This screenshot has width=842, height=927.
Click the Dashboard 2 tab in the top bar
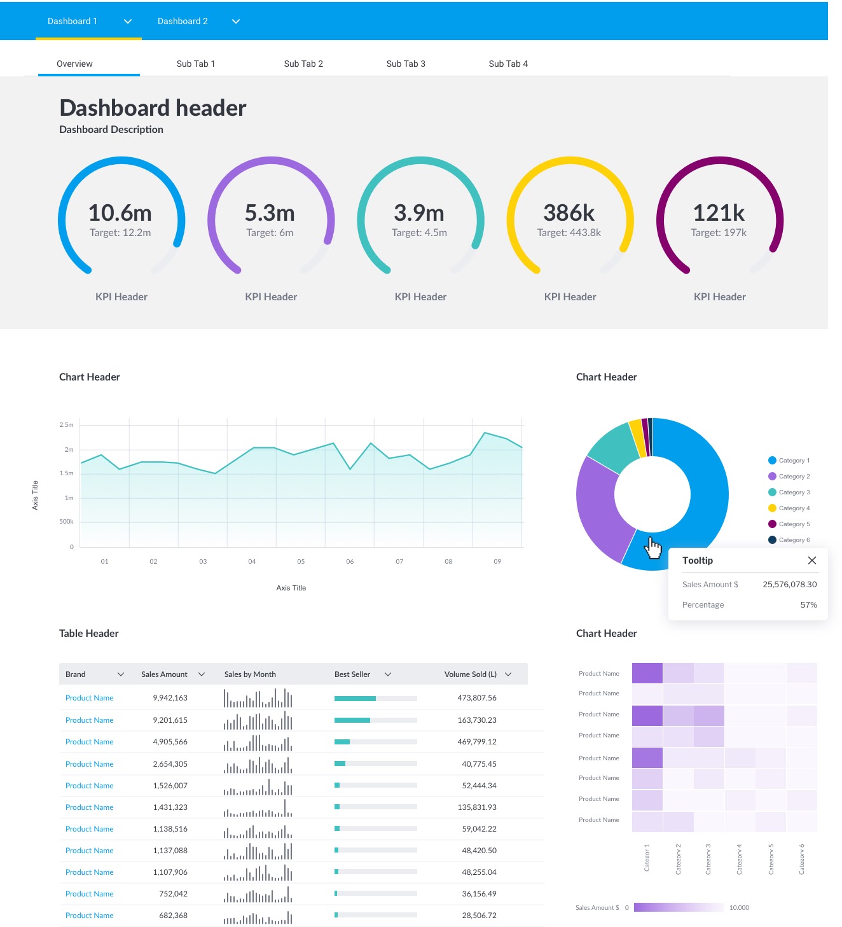pos(183,21)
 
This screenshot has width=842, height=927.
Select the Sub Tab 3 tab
pos(406,64)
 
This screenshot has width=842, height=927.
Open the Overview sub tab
pos(74,64)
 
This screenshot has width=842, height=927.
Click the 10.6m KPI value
pos(120,213)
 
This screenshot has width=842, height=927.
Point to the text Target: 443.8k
pos(569,233)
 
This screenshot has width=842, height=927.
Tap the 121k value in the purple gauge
pos(718,213)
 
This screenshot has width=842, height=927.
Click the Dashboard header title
pos(153,108)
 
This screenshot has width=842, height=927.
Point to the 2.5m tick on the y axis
pos(67,424)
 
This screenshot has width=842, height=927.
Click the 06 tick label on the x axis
pos(350,562)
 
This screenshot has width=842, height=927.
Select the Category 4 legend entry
pos(794,508)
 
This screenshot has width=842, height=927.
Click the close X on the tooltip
pos(811,561)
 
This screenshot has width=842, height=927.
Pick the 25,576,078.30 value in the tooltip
pos(789,585)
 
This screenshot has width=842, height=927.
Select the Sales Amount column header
pos(164,674)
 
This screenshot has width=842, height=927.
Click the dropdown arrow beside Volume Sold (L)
pos(508,674)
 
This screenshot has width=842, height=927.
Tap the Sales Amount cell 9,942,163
pos(170,698)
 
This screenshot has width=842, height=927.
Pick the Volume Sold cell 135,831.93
pos(476,807)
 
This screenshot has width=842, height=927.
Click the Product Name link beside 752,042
pos(89,894)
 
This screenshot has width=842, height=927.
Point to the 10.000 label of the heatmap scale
pos(739,908)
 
